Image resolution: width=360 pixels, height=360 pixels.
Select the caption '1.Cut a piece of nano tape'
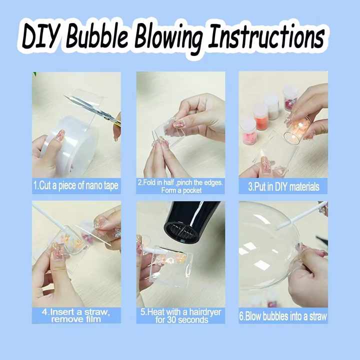point(76,186)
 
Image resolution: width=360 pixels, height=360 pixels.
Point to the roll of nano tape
point(70,142)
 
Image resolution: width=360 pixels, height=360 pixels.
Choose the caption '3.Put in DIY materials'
point(283,186)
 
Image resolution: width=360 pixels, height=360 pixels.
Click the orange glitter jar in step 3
point(261,117)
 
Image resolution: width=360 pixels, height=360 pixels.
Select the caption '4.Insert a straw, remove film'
point(76,315)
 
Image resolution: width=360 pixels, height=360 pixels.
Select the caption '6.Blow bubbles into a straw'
point(283,316)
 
